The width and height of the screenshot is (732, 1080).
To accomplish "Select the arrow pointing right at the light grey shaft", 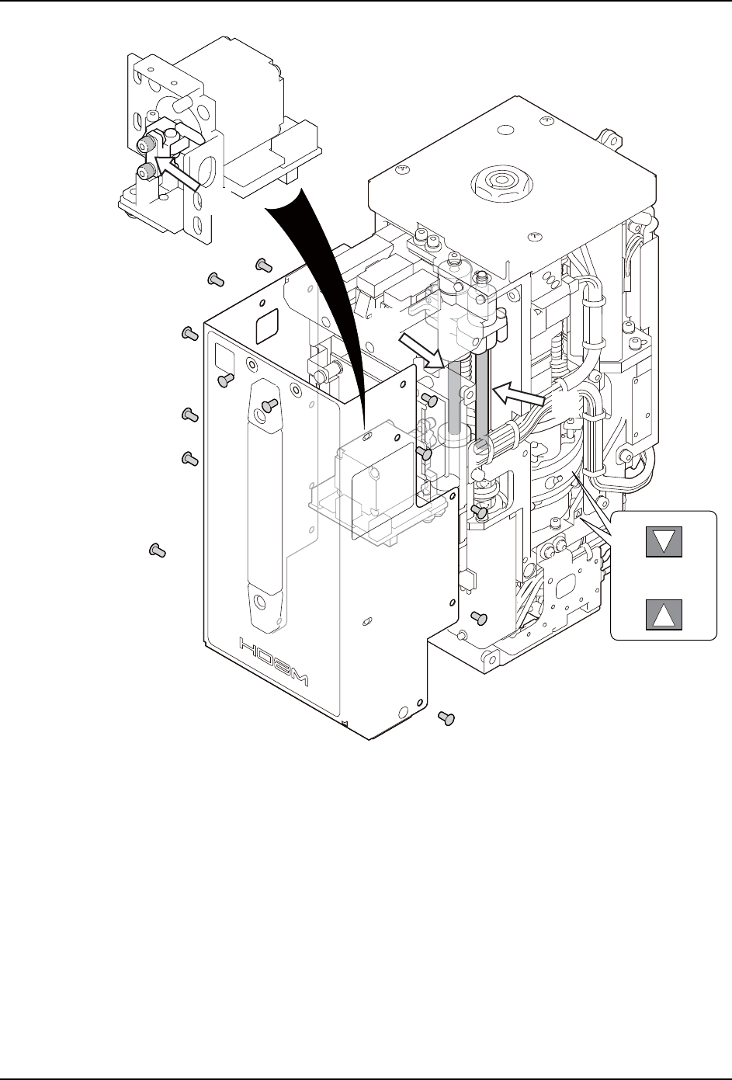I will [419, 350].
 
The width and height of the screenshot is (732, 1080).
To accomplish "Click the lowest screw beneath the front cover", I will [446, 718].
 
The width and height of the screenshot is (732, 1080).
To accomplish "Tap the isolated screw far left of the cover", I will [158, 550].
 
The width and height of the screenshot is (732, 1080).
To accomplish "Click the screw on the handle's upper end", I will [269, 405].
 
